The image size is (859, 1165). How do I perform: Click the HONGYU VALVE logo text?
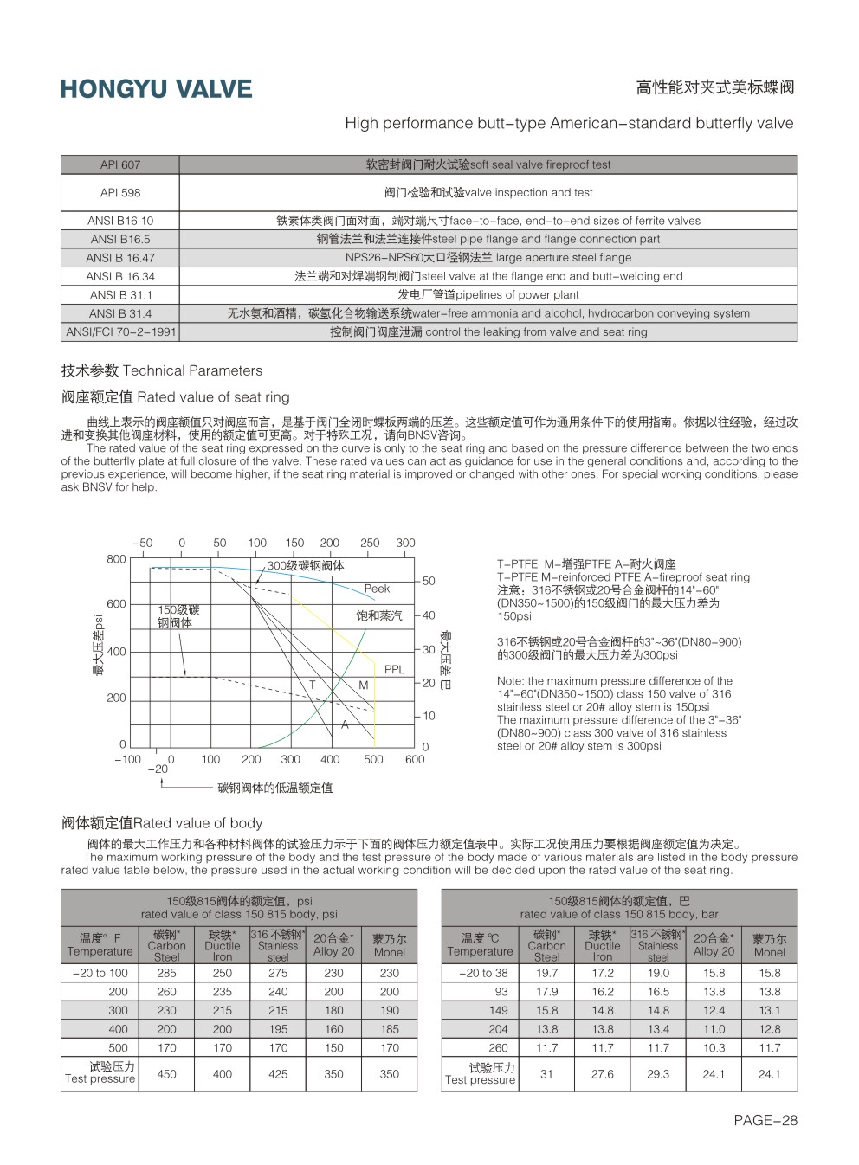(x=156, y=89)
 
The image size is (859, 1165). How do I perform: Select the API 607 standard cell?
(x=119, y=164)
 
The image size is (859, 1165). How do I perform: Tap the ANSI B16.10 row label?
(x=119, y=221)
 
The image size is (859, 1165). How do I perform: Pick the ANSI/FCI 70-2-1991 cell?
(x=120, y=331)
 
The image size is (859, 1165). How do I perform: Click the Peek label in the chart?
(x=377, y=589)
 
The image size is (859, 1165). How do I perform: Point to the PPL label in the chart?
(x=394, y=669)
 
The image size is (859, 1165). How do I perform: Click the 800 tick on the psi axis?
(x=116, y=559)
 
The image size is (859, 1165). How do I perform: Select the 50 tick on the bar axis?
(x=429, y=581)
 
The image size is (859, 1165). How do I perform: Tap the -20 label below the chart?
(x=158, y=769)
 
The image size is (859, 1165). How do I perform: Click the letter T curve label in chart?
(x=313, y=685)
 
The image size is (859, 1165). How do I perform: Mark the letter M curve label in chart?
(x=364, y=685)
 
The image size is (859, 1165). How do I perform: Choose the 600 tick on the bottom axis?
(x=415, y=759)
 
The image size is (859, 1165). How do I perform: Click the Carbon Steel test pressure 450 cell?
(x=167, y=1074)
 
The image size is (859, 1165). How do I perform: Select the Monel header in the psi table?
(x=390, y=945)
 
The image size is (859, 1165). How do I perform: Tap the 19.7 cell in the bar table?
(x=547, y=973)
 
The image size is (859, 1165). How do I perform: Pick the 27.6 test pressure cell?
(x=603, y=1074)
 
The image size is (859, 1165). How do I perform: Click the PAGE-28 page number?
(x=765, y=1120)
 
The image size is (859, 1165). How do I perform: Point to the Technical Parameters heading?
(x=161, y=370)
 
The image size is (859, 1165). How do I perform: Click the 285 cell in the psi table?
(x=167, y=973)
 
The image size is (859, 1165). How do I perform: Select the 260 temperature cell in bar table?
(x=498, y=1047)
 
